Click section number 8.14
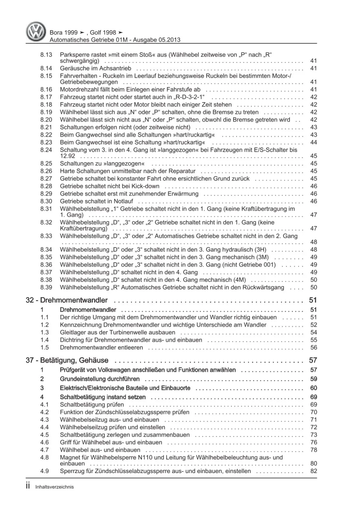tap(46, 68)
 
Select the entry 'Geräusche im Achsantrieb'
tap(95, 68)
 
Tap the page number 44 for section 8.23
tap(313, 142)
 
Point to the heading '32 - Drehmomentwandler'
tap(67, 300)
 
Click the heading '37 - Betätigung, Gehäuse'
tap(67, 360)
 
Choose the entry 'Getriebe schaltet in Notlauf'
tap(96, 201)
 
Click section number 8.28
tap(46, 186)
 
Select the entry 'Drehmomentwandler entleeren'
tap(101, 348)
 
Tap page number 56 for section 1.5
tap(313, 348)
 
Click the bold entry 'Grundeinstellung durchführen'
tap(100, 379)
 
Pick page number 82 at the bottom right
tap(313, 471)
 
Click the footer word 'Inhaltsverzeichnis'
tap(54, 487)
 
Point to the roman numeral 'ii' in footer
tap(28, 486)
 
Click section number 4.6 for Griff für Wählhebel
tap(44, 442)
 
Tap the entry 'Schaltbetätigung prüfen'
tap(92, 405)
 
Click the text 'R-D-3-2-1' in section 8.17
tap(189, 97)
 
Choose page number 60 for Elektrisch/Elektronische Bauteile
tap(313, 388)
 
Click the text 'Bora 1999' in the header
tap(63, 32)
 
